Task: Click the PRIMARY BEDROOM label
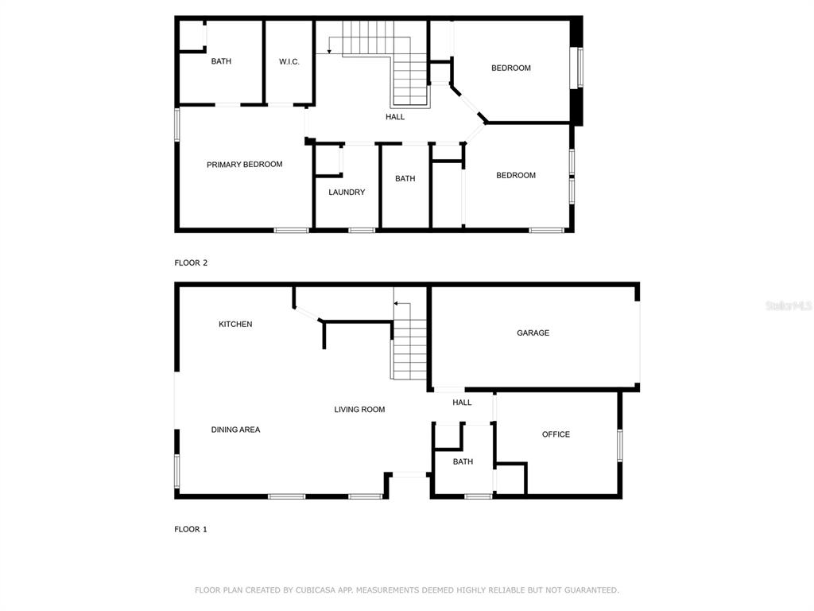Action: click(x=245, y=165)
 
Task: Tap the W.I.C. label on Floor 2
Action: click(x=289, y=62)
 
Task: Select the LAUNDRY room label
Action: click(x=347, y=193)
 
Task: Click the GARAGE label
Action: click(x=533, y=333)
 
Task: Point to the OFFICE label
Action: click(x=556, y=434)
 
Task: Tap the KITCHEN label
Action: click(x=235, y=325)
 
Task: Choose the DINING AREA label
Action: click(x=235, y=430)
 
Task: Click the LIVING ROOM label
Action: click(x=360, y=410)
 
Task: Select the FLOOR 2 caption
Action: click(x=191, y=263)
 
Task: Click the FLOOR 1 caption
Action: click(x=191, y=529)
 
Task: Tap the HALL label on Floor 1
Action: click(x=462, y=402)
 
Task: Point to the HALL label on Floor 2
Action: click(x=395, y=117)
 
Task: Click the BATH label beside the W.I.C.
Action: click(x=221, y=61)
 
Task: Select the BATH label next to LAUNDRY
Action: click(x=405, y=179)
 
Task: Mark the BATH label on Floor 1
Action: click(x=463, y=461)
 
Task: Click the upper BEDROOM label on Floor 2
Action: click(x=511, y=68)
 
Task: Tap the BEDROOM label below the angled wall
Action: click(x=516, y=176)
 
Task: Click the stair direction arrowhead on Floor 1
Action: click(x=396, y=303)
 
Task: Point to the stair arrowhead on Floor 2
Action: click(x=329, y=51)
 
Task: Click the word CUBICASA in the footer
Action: click(x=316, y=590)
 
